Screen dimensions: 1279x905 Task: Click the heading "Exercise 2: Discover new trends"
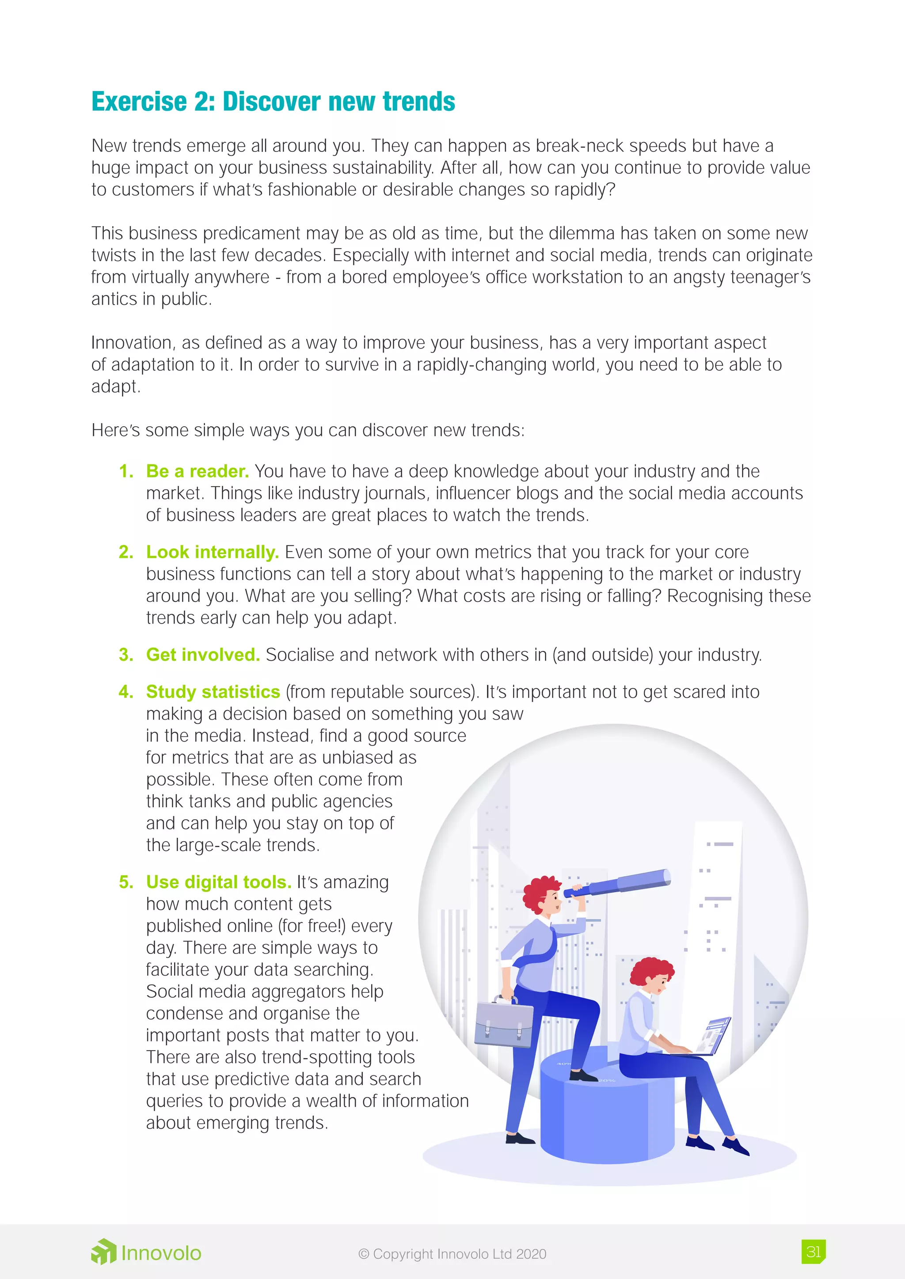tap(273, 102)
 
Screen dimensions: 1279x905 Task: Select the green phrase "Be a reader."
tap(197, 471)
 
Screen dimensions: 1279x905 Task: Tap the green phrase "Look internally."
tap(212, 552)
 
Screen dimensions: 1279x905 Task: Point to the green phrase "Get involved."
tap(203, 655)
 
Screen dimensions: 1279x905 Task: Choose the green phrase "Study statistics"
tap(213, 692)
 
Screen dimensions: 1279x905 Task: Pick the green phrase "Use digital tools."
tap(218, 882)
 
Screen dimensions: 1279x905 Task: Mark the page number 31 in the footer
tap(813, 1252)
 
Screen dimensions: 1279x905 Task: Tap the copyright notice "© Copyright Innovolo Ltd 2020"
tap(452, 1254)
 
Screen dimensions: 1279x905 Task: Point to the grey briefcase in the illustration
tap(503, 1023)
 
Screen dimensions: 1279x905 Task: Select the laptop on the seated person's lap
tap(713, 1036)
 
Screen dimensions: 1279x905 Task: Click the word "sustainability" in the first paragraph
tap(383, 168)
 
